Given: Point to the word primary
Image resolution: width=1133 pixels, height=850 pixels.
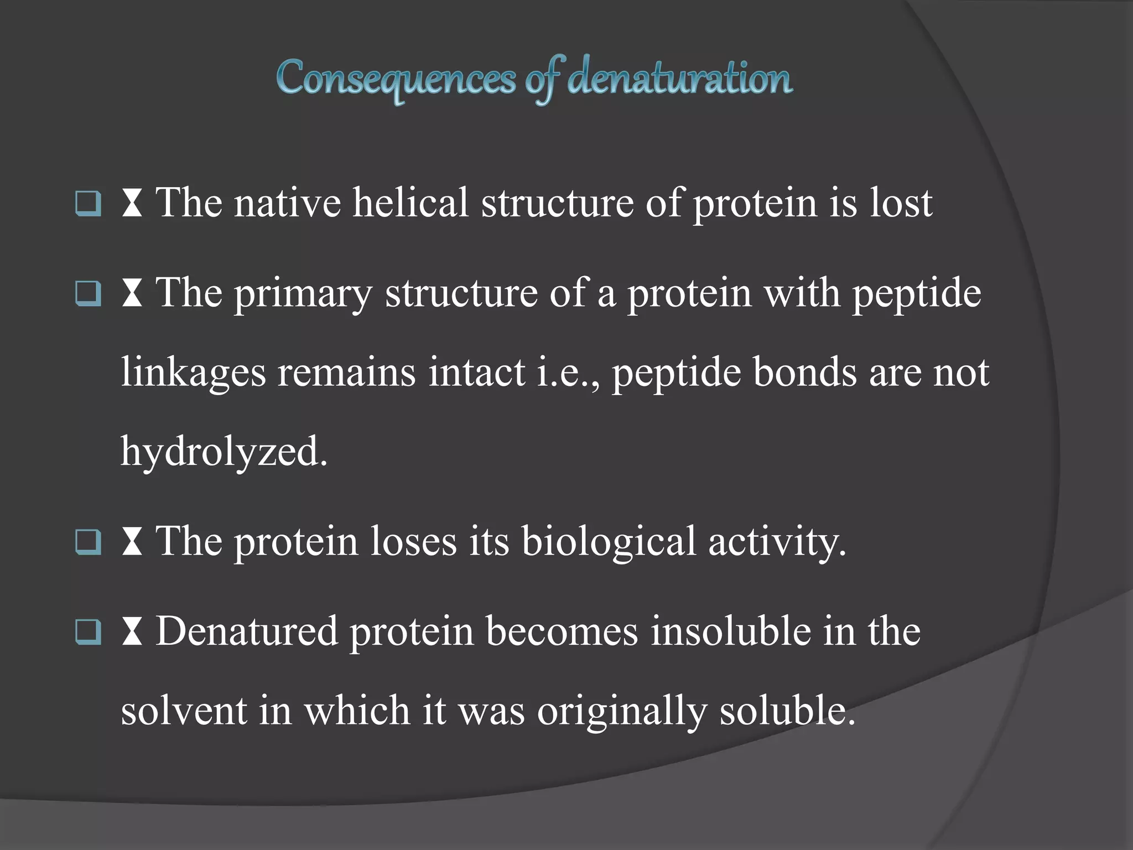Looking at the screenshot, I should click(x=303, y=293).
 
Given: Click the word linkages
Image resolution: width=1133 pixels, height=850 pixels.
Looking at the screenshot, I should click(x=193, y=372).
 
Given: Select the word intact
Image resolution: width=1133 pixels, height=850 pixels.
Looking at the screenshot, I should click(x=477, y=372).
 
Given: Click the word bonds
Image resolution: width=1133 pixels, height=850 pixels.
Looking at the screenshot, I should click(x=805, y=372).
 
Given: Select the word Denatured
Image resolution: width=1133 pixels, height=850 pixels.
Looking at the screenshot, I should click(x=247, y=631).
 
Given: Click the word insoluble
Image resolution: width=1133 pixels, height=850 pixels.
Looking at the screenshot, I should click(x=730, y=631).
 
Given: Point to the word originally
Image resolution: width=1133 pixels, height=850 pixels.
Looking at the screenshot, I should click(x=622, y=711).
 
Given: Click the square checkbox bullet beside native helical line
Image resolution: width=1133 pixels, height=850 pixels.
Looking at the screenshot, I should click(x=89, y=203).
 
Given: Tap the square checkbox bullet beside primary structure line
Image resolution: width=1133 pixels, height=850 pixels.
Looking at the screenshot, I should click(x=89, y=293).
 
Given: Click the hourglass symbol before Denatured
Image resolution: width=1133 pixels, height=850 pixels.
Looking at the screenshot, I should click(x=132, y=632).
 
